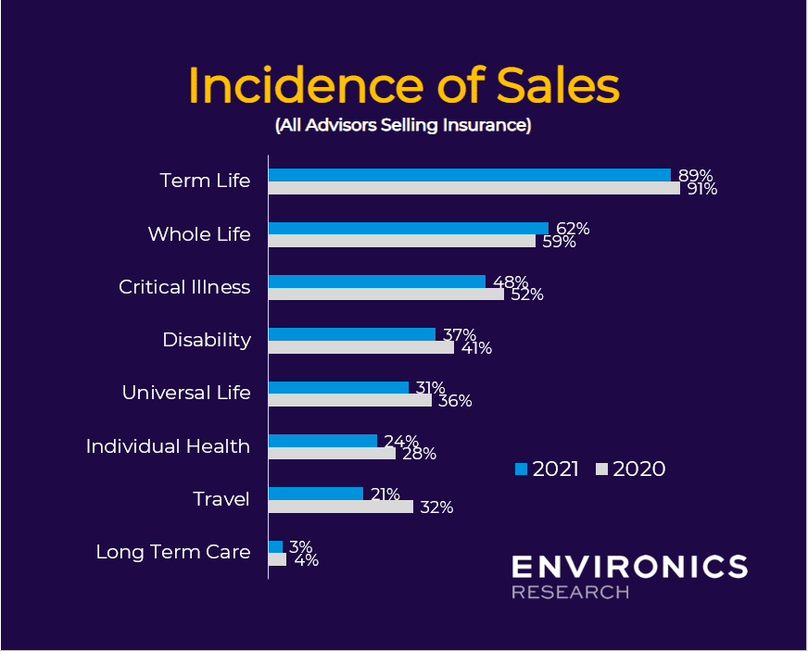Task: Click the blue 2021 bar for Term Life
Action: click(x=469, y=175)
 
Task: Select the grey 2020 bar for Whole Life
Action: click(x=401, y=241)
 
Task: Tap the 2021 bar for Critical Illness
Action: click(x=376, y=281)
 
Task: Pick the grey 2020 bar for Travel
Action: click(x=340, y=507)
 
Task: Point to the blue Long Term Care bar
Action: click(x=275, y=546)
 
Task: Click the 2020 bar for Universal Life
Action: click(x=349, y=401)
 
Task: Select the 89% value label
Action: click(x=695, y=175)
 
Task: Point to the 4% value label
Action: click(x=306, y=560)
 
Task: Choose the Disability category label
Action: click(x=207, y=340)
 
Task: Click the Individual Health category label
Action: click(x=168, y=446)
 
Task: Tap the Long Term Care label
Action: click(x=173, y=552)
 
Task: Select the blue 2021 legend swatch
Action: click(x=521, y=469)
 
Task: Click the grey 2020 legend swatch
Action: click(x=601, y=469)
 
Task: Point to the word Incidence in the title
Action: click(x=315, y=86)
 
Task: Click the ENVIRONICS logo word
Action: click(x=629, y=567)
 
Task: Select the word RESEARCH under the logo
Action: click(x=570, y=592)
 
